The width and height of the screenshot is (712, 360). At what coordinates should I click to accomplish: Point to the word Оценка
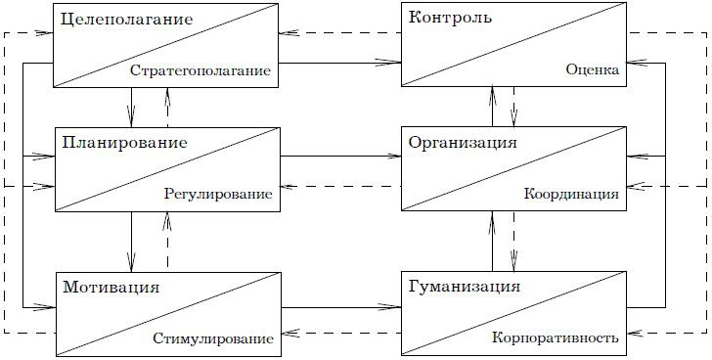[592, 70]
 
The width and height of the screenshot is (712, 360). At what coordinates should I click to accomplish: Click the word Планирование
[124, 143]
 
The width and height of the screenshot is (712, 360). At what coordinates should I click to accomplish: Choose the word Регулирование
[217, 195]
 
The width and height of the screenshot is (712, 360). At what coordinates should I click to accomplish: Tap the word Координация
[571, 195]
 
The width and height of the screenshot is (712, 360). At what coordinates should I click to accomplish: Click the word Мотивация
[111, 288]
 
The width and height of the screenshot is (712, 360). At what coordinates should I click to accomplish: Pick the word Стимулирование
[213, 339]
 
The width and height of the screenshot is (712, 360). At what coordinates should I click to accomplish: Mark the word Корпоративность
[556, 339]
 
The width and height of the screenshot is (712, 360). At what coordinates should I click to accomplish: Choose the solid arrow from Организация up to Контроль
[493, 106]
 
